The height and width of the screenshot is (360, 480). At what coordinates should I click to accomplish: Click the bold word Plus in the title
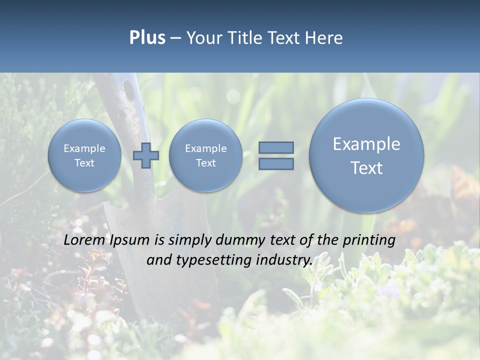click(x=147, y=37)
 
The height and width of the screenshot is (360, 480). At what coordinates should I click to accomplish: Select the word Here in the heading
click(x=325, y=37)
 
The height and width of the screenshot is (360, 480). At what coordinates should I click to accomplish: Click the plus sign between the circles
click(x=145, y=155)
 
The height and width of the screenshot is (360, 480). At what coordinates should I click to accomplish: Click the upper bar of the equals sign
click(x=276, y=147)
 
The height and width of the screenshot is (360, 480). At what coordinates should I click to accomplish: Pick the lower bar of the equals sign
click(x=276, y=163)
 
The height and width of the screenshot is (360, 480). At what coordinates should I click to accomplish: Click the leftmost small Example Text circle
click(x=84, y=155)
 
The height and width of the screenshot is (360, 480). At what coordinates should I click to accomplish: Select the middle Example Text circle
click(x=205, y=155)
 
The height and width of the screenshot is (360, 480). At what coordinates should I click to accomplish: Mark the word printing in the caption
click(x=369, y=240)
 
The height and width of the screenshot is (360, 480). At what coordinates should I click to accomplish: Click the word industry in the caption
click(x=283, y=260)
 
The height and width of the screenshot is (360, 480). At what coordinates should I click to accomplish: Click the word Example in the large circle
click(x=366, y=144)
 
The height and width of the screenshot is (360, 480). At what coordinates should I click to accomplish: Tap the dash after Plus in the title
click(x=175, y=38)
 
